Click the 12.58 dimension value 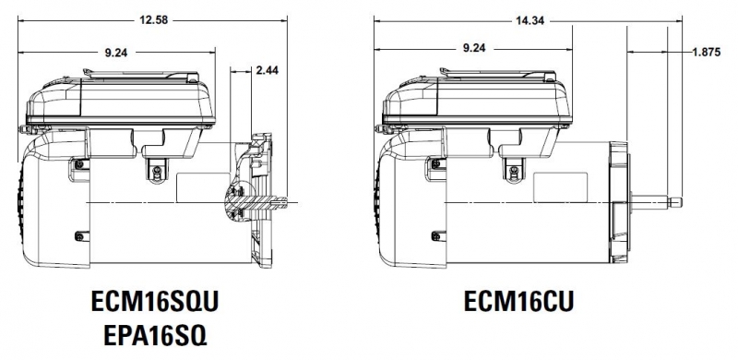153,20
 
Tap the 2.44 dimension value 267,71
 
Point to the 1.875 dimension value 706,53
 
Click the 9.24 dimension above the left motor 116,53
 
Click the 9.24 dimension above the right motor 474,48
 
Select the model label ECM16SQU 155,302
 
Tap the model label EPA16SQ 155,336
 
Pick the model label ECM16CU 518,301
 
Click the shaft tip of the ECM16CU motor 676,203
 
